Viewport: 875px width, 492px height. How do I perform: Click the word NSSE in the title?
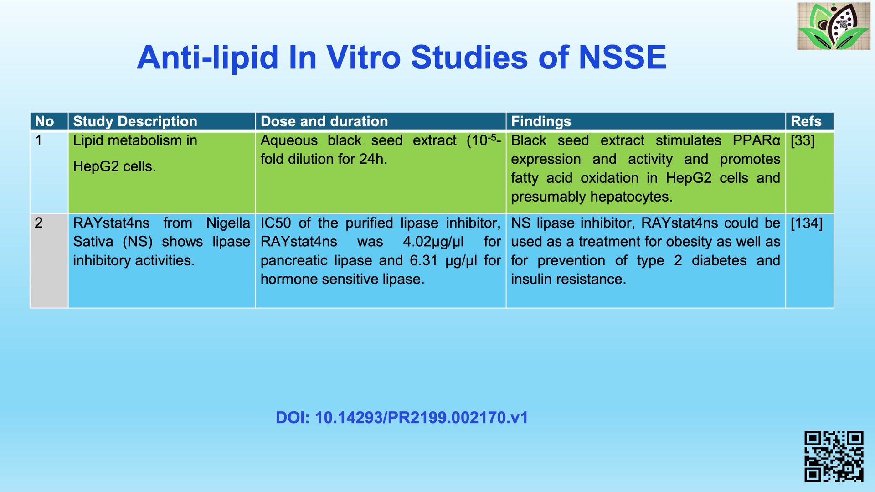click(622, 57)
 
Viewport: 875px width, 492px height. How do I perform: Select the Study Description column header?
click(135, 121)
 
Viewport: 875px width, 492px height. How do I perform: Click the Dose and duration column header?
click(324, 121)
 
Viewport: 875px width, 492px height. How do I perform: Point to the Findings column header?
click(541, 121)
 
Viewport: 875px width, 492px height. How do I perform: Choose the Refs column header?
click(806, 121)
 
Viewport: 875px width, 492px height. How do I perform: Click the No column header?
click(44, 121)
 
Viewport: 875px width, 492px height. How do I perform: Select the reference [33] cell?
click(803, 141)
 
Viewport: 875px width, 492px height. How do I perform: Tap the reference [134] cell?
click(807, 223)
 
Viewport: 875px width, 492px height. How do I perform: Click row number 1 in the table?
click(39, 140)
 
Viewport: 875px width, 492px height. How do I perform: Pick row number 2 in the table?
click(39, 223)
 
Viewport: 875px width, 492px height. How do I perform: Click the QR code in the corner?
click(834, 456)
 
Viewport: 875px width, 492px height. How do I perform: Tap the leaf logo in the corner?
click(834, 26)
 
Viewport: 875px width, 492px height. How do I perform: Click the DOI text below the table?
click(401, 418)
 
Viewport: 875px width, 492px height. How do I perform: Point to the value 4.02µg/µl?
click(433, 242)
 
